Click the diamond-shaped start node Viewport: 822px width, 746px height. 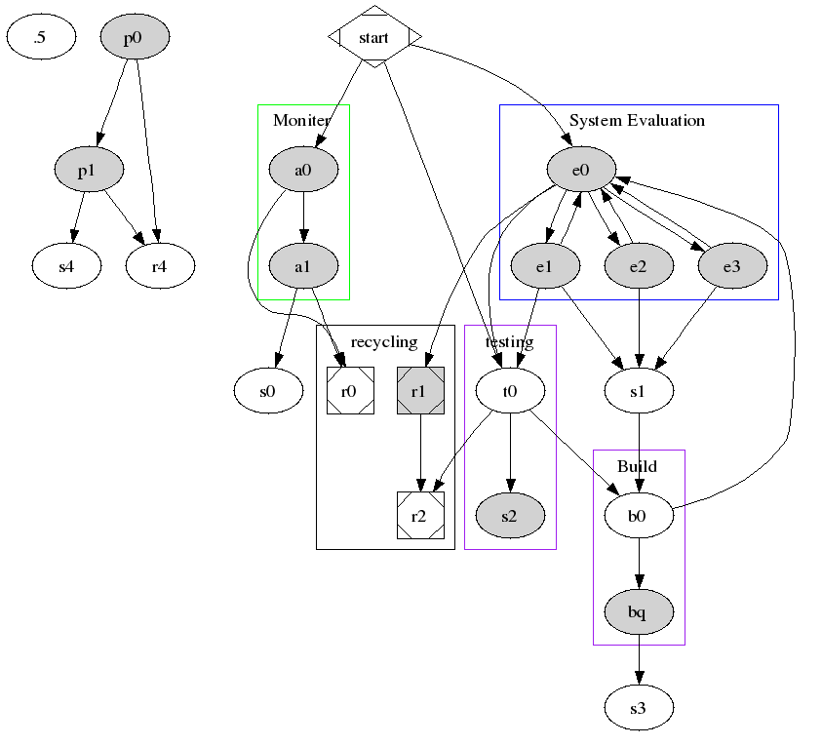pyautogui.click(x=374, y=37)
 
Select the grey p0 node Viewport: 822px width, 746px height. pyautogui.click(x=136, y=38)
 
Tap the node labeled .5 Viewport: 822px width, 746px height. pyautogui.click(x=41, y=38)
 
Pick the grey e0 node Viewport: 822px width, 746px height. pyautogui.click(x=581, y=171)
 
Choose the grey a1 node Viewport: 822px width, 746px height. pyautogui.click(x=302, y=265)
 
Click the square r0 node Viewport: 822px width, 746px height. pyautogui.click(x=350, y=391)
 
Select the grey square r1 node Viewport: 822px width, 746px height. pyautogui.click(x=420, y=391)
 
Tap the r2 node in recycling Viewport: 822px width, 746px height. pyautogui.click(x=420, y=516)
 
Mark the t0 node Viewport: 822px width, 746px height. pyautogui.click(x=509, y=391)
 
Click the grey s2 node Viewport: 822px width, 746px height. pyautogui.click(x=509, y=516)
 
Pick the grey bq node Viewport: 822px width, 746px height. pyautogui.click(x=638, y=611)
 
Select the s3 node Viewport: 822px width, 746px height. pyautogui.click(x=638, y=708)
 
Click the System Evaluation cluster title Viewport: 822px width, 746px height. pyautogui.click(x=637, y=121)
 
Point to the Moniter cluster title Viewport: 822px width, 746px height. pyautogui.click(x=302, y=121)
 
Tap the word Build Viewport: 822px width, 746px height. pyautogui.click(x=638, y=466)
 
